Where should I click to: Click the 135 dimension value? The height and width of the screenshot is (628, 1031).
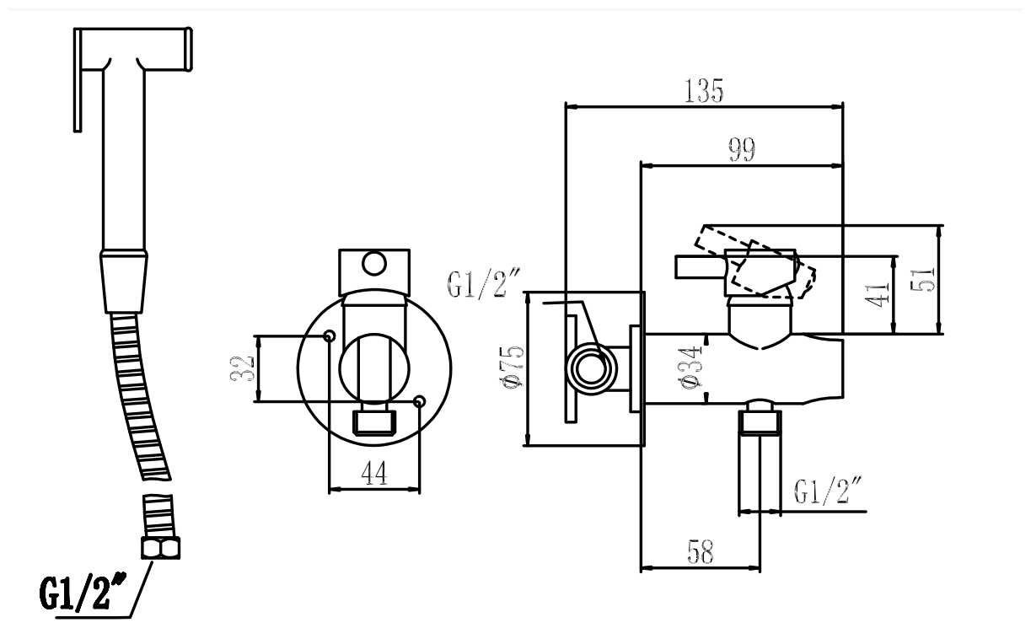coord(704,91)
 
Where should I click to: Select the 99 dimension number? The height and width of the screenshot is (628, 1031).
coord(742,149)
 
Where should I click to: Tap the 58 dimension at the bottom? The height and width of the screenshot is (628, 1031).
coord(701,551)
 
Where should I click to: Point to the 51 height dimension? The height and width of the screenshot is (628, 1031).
coord(923,279)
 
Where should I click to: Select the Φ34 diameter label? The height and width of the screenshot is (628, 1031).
coord(690,367)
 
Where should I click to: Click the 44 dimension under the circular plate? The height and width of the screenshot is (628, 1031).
coord(374,473)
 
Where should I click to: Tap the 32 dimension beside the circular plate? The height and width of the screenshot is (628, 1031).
coord(242,368)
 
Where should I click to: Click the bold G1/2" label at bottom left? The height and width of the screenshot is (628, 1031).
coord(83,592)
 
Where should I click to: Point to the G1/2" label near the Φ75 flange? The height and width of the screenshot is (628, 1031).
coord(483,283)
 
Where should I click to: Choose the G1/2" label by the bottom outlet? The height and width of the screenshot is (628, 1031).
coord(827,491)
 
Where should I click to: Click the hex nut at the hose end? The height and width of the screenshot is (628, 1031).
coord(161,547)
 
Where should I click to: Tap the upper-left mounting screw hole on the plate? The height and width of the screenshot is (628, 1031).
coord(329,336)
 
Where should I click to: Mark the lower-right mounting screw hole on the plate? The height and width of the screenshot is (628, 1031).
coord(419,401)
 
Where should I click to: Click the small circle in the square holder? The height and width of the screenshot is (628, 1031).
coord(374,264)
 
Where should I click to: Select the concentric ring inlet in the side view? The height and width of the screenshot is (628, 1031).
coord(592,368)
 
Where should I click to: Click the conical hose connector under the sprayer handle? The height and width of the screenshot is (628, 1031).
coord(124,282)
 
